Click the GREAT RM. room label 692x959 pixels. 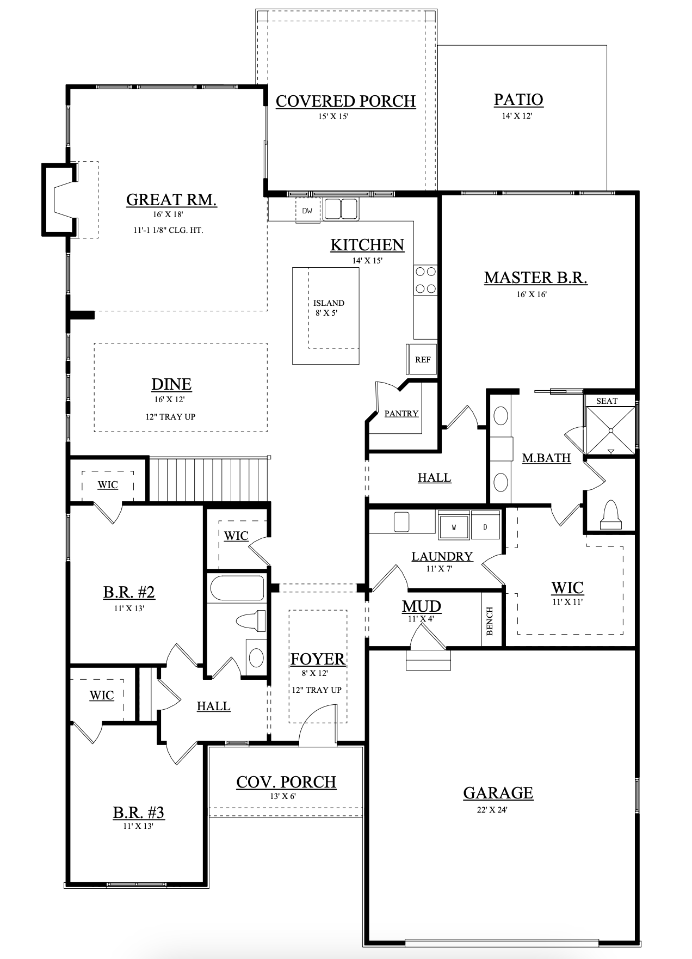coord(171,200)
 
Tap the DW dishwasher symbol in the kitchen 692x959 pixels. coord(308,211)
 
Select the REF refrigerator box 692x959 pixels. coord(422,359)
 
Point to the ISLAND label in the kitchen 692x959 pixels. coord(329,303)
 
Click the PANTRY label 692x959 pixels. coord(401,414)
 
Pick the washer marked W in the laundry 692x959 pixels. coord(454,526)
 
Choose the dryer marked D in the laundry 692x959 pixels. coord(485,526)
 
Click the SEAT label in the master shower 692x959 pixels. coord(607,401)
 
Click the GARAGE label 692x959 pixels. coord(498,793)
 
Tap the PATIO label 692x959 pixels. coord(518,100)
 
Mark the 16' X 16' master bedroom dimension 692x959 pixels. coord(532,294)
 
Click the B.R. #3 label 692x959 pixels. coord(139,813)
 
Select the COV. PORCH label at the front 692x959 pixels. coord(286,782)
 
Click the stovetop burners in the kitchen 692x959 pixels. coord(425,280)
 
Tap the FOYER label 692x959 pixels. coord(318,659)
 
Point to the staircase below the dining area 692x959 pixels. coord(210,479)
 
